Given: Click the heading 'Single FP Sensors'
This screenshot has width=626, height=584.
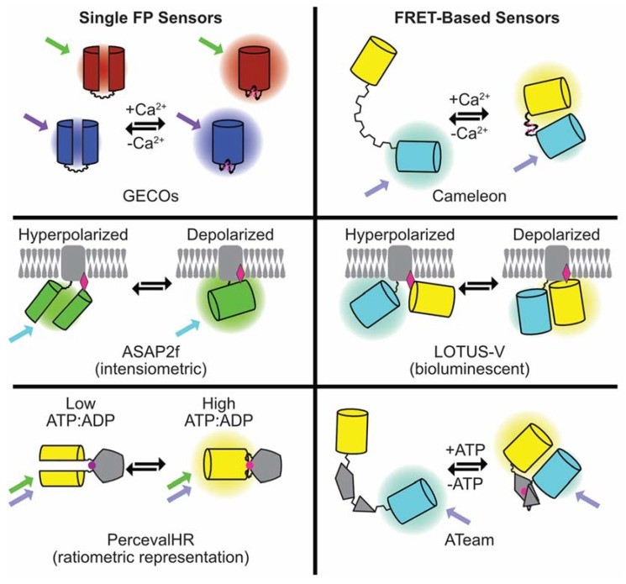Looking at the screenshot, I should click(x=155, y=17).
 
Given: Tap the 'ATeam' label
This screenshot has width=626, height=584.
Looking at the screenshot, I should click(x=467, y=521).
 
